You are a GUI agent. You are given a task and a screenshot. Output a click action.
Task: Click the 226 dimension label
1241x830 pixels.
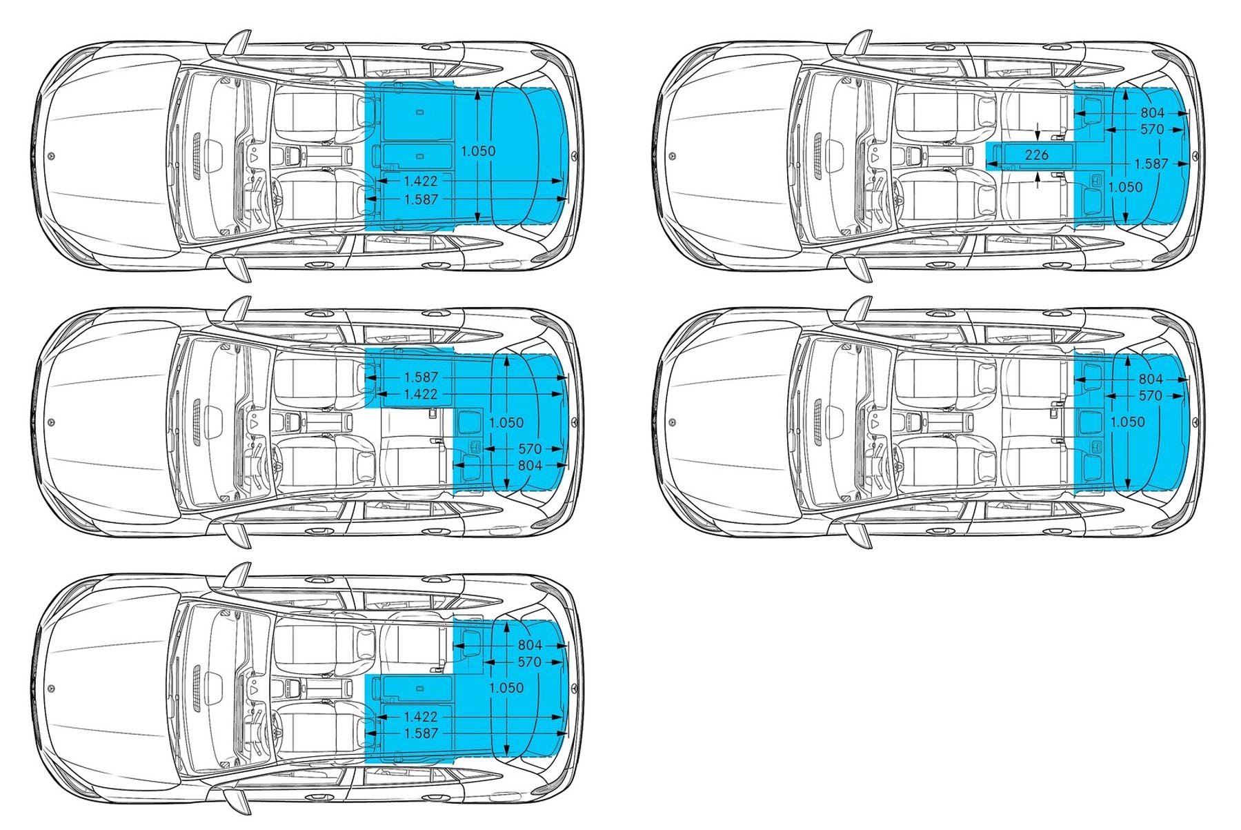(x=1037, y=155)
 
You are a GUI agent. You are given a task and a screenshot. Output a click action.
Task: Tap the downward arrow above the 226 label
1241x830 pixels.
(x=1039, y=130)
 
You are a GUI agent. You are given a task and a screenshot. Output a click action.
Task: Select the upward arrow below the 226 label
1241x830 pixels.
(x=1039, y=179)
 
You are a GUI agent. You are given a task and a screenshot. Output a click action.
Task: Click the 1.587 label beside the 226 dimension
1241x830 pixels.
(x=1151, y=164)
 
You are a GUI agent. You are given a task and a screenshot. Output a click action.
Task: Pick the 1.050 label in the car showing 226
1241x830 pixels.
(x=1125, y=187)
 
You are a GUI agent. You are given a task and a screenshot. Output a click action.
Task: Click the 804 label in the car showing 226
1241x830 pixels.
(x=1152, y=112)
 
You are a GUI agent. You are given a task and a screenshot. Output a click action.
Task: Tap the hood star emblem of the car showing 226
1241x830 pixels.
(x=673, y=156)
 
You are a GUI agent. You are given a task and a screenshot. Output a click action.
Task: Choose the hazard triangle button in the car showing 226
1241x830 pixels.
(x=875, y=157)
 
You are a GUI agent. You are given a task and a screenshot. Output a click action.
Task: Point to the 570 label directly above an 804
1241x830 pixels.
(x=530, y=449)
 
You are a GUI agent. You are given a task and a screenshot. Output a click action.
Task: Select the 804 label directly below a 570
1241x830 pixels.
(x=530, y=466)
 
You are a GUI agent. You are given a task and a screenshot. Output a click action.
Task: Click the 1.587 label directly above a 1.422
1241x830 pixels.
(x=421, y=377)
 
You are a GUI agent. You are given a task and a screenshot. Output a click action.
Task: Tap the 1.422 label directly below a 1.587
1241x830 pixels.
(x=421, y=394)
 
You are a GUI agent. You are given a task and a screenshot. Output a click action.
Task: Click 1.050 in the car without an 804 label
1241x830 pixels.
(x=478, y=151)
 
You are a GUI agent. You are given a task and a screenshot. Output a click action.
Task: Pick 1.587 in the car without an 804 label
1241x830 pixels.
(x=421, y=199)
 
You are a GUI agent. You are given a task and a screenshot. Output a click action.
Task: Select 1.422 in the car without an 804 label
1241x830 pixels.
(x=421, y=181)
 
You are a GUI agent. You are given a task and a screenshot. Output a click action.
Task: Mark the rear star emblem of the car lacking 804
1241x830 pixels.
(x=573, y=156)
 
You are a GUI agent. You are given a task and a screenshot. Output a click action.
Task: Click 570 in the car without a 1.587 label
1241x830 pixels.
(x=1151, y=396)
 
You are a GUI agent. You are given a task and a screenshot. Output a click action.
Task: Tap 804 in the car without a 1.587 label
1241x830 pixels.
(x=1151, y=379)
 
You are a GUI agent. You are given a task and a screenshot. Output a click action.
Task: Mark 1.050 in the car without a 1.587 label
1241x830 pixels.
(x=1127, y=422)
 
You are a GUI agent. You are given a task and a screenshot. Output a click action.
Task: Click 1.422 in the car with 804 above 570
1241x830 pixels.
(x=421, y=717)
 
